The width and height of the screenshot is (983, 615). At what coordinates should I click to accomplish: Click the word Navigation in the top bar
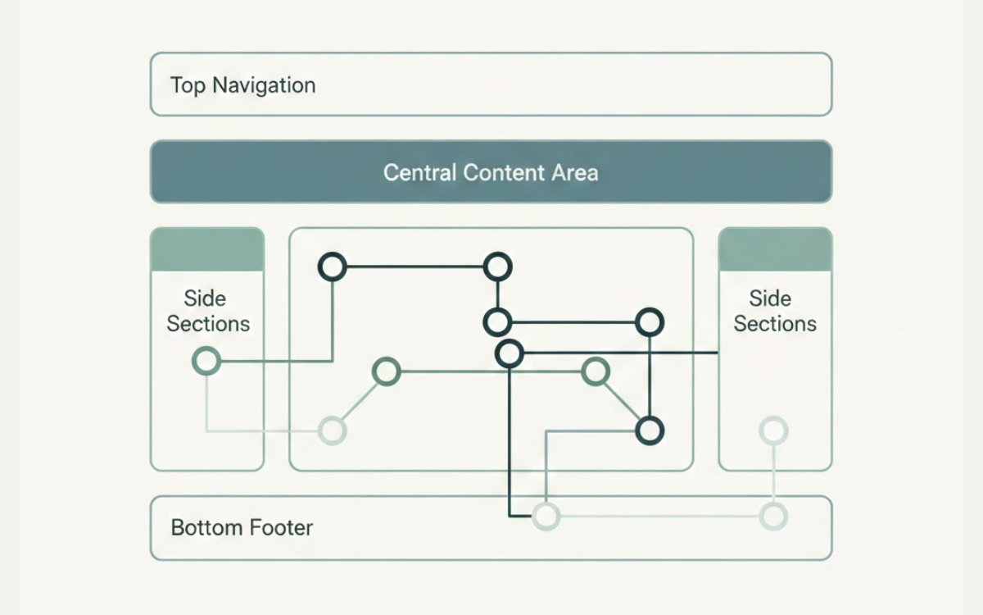point(266,85)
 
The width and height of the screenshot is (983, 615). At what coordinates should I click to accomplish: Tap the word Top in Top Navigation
point(187,85)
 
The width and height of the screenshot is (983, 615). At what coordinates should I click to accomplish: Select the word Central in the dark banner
point(419,173)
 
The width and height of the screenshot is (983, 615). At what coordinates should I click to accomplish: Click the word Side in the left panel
point(205,298)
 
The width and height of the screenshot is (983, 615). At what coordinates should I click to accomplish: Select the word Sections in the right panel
point(775,323)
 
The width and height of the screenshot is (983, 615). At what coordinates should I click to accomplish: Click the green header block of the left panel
point(207,249)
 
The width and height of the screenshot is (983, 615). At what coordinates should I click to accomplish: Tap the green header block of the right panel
point(775,249)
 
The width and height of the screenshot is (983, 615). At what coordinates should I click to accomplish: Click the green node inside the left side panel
point(206,361)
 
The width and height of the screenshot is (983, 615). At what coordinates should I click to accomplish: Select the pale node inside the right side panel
point(773,430)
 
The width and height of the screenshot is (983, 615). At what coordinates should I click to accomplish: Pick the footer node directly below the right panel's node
point(773,516)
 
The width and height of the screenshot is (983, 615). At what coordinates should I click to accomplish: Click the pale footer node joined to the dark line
point(546,516)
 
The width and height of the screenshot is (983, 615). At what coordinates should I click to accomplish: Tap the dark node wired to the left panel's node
point(333,266)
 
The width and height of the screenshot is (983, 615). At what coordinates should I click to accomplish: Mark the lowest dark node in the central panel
point(649,430)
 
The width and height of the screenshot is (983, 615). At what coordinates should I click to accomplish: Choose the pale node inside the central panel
point(333,430)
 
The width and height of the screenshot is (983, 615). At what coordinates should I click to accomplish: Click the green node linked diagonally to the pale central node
point(386,371)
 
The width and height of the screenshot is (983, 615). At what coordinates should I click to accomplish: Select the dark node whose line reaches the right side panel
point(510,353)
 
